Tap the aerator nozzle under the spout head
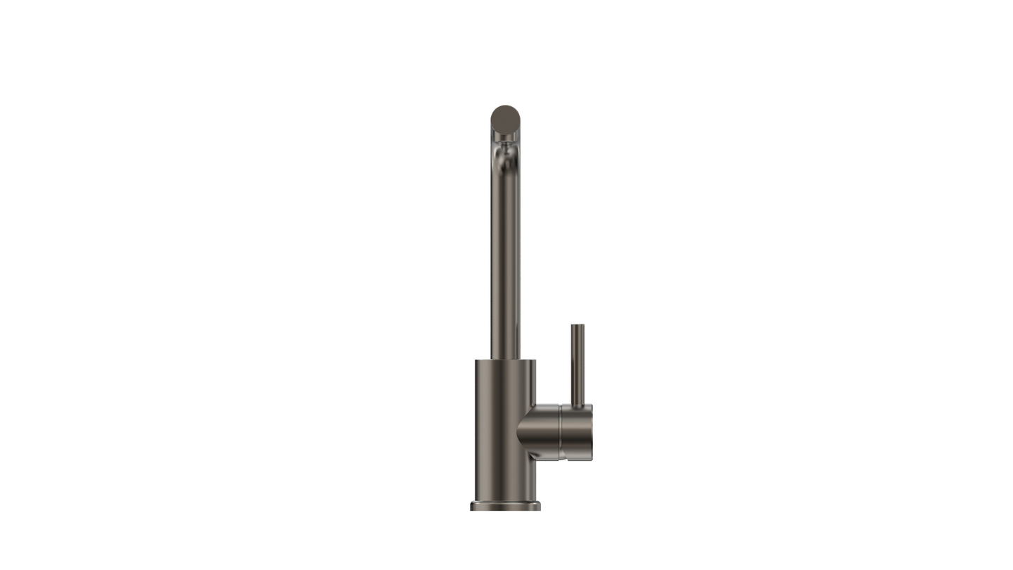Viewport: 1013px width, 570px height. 504,151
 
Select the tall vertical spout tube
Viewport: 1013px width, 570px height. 505,260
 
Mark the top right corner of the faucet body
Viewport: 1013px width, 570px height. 535,361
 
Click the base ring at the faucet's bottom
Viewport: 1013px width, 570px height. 505,505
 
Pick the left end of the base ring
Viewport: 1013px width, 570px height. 472,505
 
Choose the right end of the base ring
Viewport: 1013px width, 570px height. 539,505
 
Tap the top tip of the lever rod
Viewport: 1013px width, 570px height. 578,325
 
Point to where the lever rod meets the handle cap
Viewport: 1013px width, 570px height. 578,406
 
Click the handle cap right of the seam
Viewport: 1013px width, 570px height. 576,432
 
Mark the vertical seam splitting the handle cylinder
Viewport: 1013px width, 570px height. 560,432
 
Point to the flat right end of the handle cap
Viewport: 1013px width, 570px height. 592,432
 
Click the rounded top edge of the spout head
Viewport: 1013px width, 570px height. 504,107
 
